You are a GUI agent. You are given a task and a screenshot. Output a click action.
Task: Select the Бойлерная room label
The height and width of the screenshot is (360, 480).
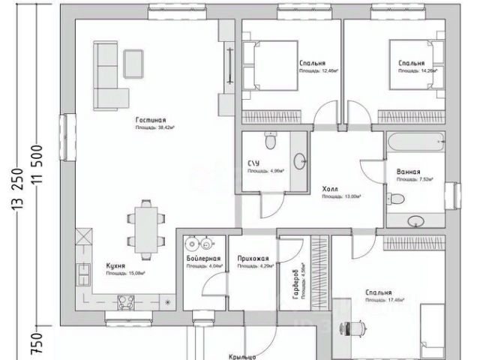click(x=200, y=259)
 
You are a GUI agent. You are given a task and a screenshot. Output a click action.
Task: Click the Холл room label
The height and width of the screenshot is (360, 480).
click(x=330, y=190)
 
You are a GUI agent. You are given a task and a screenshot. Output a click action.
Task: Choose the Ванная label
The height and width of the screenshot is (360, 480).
click(x=408, y=172)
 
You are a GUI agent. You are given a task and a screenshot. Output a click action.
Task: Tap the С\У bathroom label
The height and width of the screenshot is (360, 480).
click(x=253, y=163)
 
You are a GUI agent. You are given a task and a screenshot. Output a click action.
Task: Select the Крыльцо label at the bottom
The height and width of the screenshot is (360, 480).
click(x=244, y=356)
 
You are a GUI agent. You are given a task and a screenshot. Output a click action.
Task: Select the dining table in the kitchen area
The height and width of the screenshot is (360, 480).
click(x=144, y=226)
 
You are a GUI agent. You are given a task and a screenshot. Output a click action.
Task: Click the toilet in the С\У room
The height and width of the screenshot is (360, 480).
click(x=271, y=139)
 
